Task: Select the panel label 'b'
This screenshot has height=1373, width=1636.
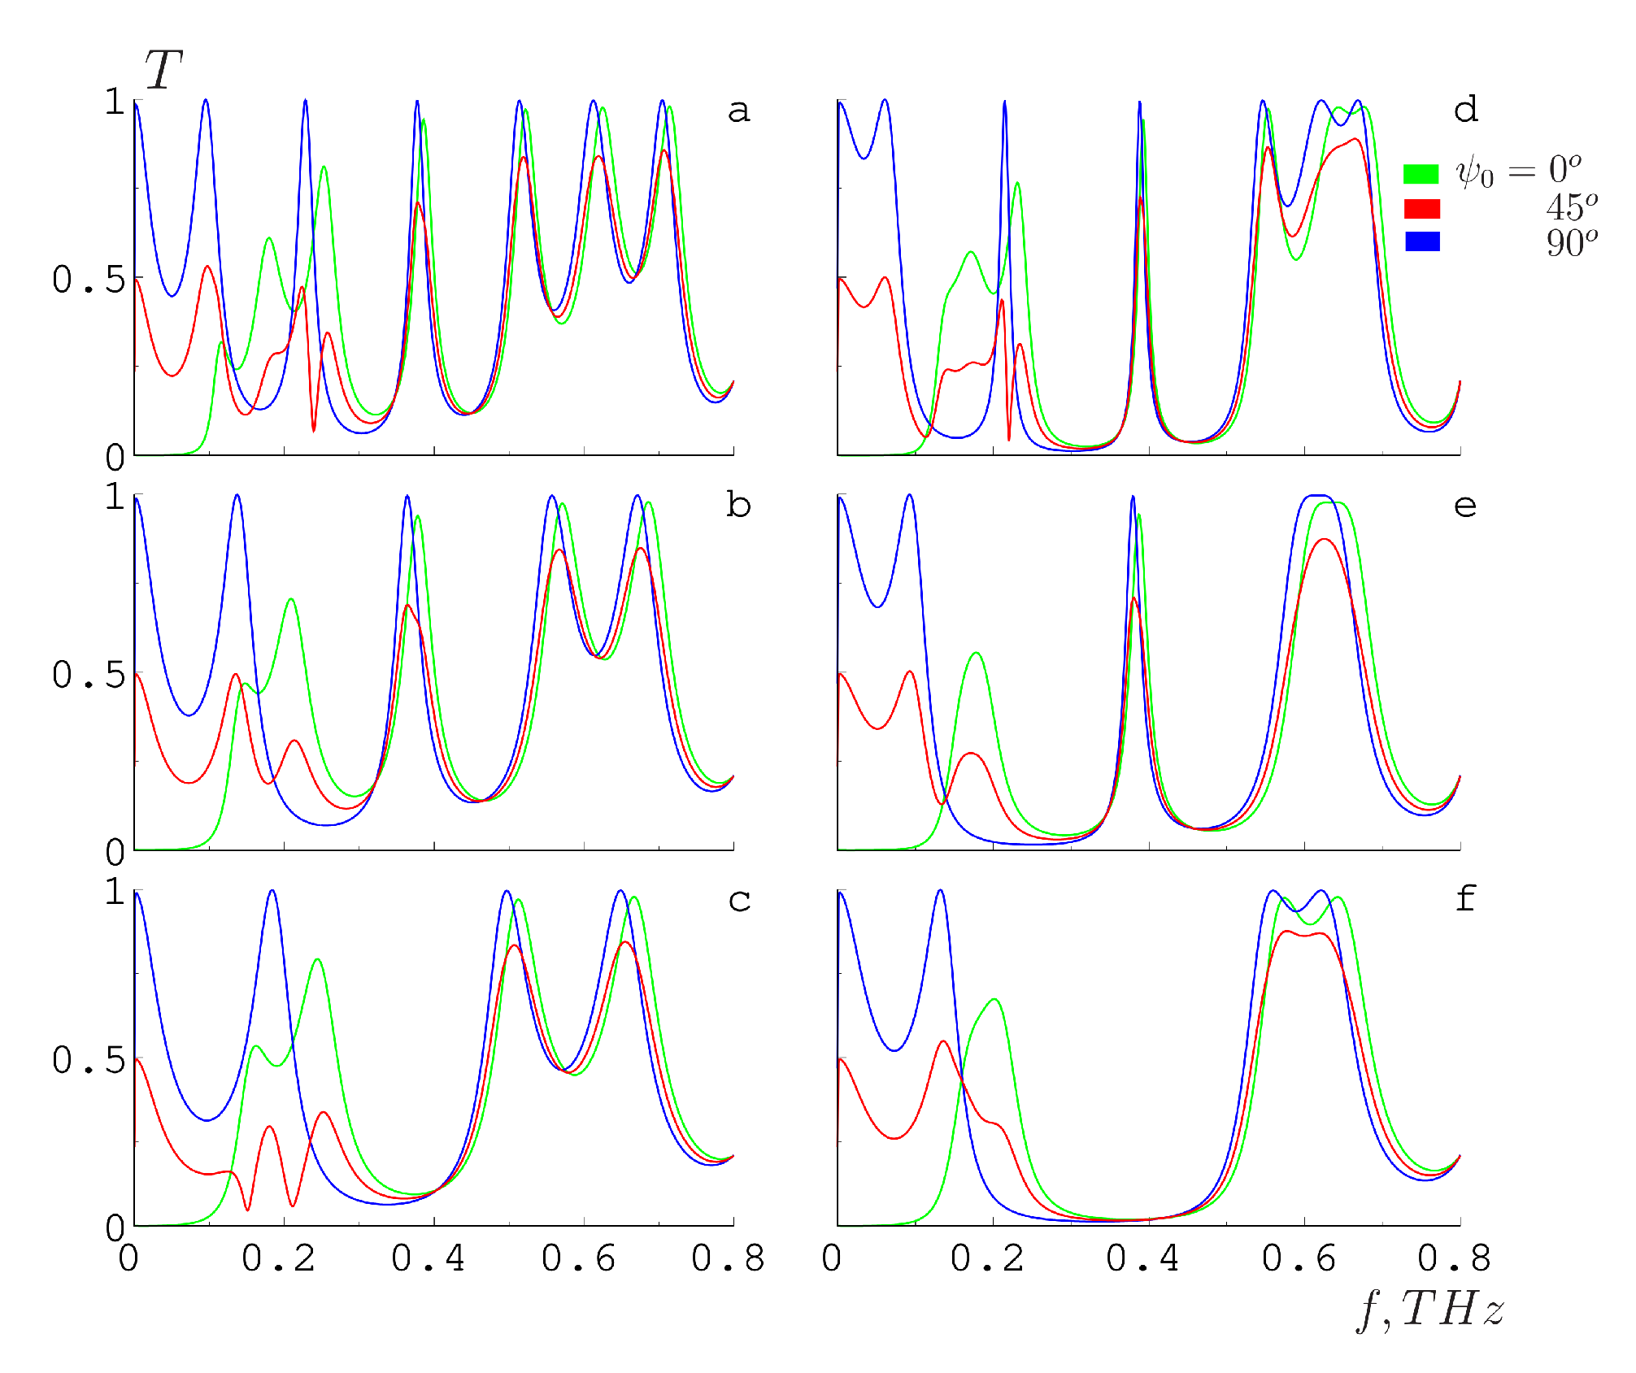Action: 738,506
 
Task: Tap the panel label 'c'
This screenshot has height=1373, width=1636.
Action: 739,900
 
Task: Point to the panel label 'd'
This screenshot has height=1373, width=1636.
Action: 1466,110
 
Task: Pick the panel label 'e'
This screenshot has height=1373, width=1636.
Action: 1465,506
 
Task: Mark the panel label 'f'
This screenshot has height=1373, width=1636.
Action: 1465,898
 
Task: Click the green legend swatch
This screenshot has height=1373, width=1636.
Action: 1421,174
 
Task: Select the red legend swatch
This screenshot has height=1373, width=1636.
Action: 1422,209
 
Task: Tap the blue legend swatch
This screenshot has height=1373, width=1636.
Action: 1422,241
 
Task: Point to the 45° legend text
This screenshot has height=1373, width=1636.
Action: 1572,208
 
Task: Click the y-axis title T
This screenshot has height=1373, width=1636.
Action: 163,70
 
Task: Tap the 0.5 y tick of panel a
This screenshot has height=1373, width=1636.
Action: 89,280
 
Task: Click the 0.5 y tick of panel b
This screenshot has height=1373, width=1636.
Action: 89,675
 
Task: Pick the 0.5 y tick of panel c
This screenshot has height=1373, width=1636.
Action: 89,1060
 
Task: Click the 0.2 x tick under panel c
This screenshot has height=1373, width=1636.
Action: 278,1258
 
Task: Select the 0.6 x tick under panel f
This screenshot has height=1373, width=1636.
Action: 1299,1258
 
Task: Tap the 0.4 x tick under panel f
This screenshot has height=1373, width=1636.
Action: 1142,1258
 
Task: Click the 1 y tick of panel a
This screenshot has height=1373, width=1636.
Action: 115,102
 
